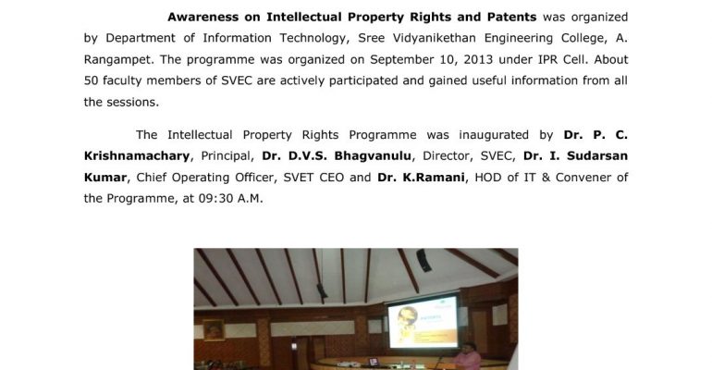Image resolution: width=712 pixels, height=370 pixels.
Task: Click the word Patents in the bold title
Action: click(x=511, y=18)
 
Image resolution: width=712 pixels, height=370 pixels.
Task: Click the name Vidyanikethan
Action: click(x=433, y=38)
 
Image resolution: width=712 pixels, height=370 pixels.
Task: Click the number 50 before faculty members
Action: click(x=91, y=80)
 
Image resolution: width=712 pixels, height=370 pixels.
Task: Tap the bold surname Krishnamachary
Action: click(x=137, y=156)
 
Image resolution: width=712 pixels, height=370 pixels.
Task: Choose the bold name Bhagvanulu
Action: click(x=373, y=156)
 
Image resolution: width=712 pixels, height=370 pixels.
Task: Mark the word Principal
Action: click(x=227, y=156)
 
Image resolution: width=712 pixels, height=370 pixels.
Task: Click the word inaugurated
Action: click(x=494, y=135)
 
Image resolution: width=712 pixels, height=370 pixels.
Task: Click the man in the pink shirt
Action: click(x=467, y=357)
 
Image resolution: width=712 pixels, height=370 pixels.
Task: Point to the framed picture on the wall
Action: click(x=214, y=330)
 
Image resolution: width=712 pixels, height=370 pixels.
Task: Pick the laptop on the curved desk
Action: click(x=374, y=363)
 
